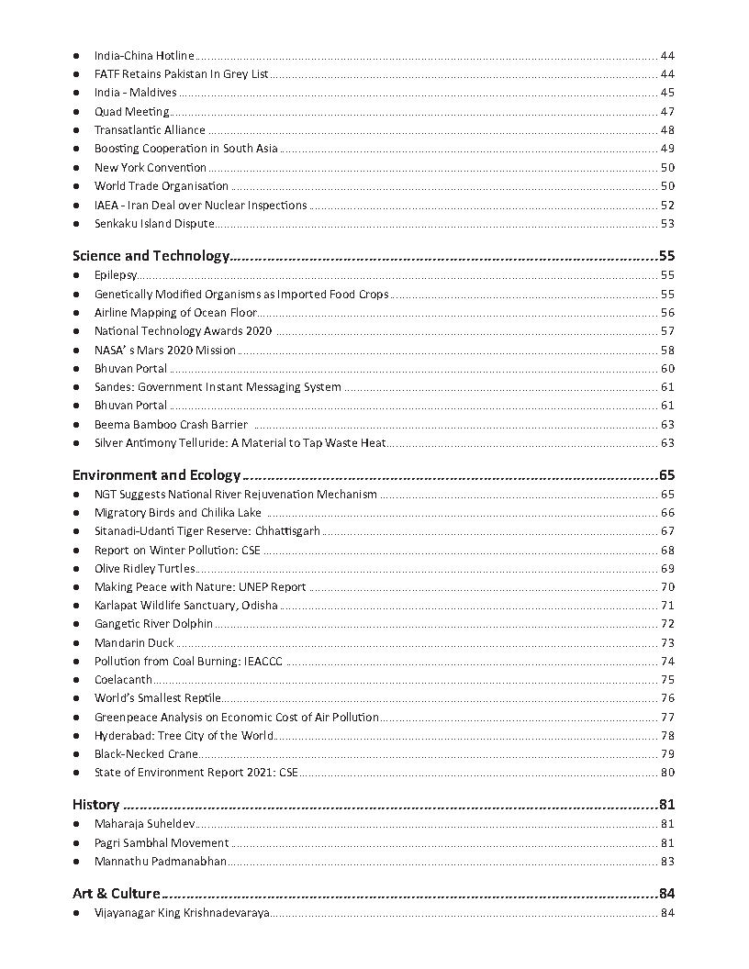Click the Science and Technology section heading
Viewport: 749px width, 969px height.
click(x=150, y=256)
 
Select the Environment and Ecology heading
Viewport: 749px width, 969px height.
click(x=156, y=475)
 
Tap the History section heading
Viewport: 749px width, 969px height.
click(x=95, y=805)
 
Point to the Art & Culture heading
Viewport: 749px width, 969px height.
click(x=116, y=894)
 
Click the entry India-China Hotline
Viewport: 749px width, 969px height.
click(x=144, y=56)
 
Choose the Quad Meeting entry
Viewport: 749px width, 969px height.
click(x=131, y=112)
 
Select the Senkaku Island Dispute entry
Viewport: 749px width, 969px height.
click(x=154, y=224)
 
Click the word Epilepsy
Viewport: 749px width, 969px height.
click(x=116, y=275)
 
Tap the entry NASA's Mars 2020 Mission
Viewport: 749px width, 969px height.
click(x=165, y=350)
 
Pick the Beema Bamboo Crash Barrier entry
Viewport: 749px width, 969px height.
click(x=171, y=425)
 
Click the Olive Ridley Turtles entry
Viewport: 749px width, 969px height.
click(x=144, y=569)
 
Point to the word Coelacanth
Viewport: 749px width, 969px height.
click(x=123, y=680)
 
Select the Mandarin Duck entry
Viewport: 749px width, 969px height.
click(x=134, y=643)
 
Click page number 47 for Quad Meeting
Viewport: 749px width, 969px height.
click(x=667, y=112)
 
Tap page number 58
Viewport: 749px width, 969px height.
click(x=667, y=350)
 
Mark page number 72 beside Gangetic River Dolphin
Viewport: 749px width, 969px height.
click(x=667, y=624)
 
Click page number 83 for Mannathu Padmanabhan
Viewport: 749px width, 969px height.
click(x=667, y=862)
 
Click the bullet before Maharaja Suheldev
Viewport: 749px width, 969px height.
click(x=76, y=825)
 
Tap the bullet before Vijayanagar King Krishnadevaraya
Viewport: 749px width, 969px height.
click(x=76, y=913)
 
